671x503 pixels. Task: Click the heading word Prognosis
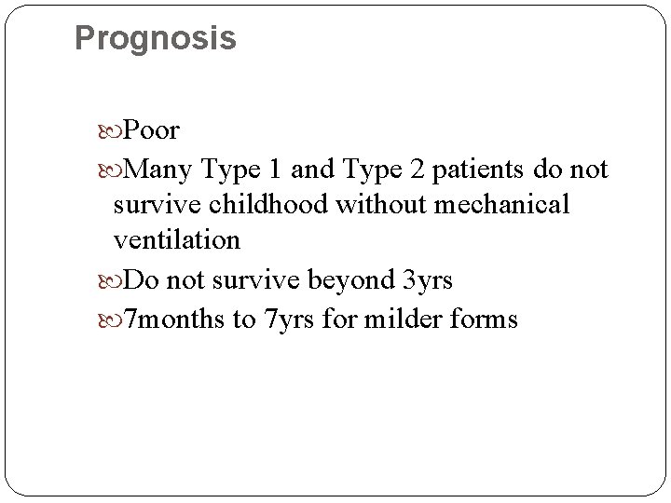tap(155, 38)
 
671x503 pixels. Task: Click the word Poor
tap(151, 129)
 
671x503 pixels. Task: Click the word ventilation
tap(177, 240)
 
